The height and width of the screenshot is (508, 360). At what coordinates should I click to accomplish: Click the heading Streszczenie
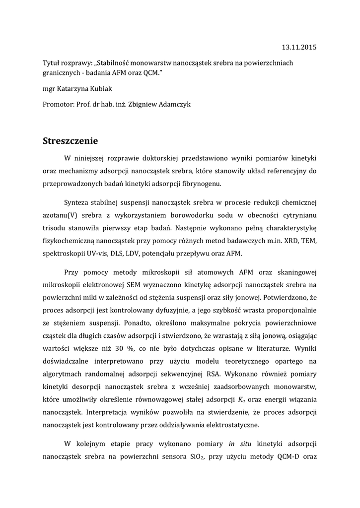[x=73, y=140]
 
